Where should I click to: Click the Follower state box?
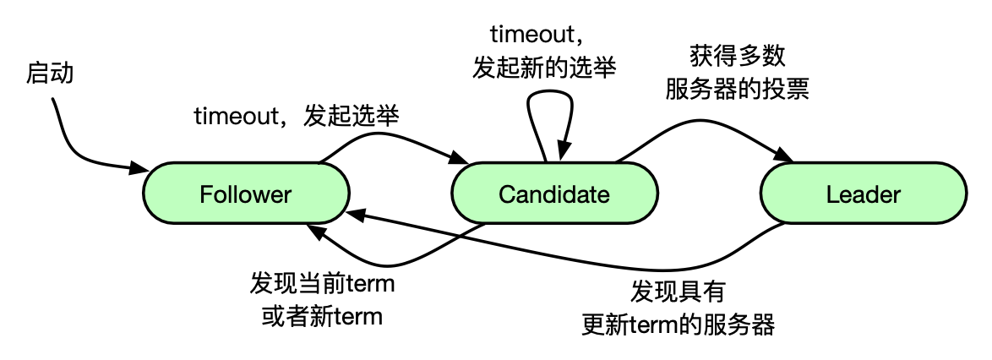pos(245,194)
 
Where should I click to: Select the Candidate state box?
pos(554,194)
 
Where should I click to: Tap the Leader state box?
pos(863,194)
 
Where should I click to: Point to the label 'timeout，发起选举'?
pos(296,117)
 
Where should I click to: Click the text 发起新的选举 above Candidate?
pos(544,68)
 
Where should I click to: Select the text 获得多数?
pos(737,57)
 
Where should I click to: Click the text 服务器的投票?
pos(737,89)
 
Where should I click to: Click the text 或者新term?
pos(322,317)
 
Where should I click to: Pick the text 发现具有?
pos(678,292)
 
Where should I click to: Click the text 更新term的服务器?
pos(678,325)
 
